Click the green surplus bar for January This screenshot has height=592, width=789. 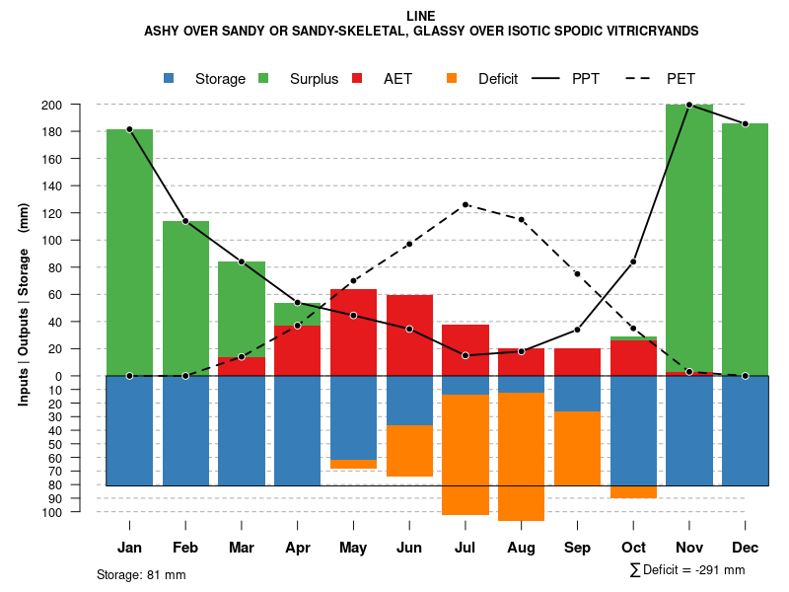click(x=129, y=252)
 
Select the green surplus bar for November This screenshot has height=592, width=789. click(x=689, y=237)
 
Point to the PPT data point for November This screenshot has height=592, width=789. click(x=689, y=105)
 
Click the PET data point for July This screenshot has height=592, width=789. click(x=466, y=204)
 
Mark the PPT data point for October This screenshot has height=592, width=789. click(x=633, y=261)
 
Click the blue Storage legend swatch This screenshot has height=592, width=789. click(x=170, y=78)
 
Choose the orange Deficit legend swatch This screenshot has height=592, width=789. click(x=453, y=78)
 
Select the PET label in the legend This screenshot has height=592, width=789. click(x=681, y=79)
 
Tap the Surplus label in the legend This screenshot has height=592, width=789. click(x=314, y=79)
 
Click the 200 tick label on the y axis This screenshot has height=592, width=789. click(x=79, y=105)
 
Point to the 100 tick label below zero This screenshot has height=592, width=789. click(x=79, y=512)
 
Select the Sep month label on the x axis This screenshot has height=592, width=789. click(x=577, y=548)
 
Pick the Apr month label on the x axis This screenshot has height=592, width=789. click(x=298, y=548)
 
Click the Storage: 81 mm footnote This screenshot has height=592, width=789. click(x=141, y=574)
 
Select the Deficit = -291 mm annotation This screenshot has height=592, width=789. click(x=687, y=570)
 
